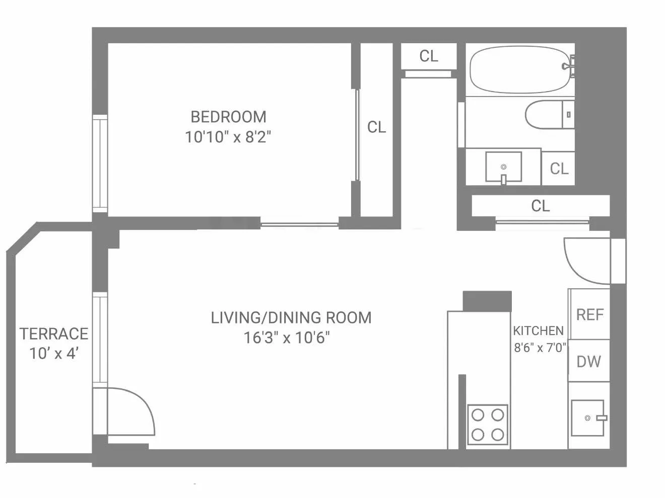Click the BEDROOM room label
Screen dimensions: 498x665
(x=228, y=117)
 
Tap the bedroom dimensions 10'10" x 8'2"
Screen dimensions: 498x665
(x=228, y=137)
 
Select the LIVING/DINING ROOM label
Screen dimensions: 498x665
(x=291, y=317)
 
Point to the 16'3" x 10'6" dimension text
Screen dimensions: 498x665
(x=287, y=338)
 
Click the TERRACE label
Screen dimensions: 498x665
(x=54, y=334)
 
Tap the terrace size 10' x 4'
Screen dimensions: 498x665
(x=54, y=354)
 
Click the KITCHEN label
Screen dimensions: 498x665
(x=538, y=330)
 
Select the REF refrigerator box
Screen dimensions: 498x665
(x=589, y=314)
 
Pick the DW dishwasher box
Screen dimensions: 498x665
(x=588, y=361)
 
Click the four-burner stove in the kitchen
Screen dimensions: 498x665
(x=488, y=425)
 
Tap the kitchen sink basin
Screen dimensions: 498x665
(x=587, y=418)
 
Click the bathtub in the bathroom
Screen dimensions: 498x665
(x=519, y=69)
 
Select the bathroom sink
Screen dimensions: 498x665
(x=503, y=167)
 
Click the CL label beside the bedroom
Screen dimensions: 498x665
(x=376, y=127)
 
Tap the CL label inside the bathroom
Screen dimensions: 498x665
(x=559, y=169)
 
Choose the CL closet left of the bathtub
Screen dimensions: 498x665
(x=429, y=56)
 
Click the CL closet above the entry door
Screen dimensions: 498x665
(x=540, y=206)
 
